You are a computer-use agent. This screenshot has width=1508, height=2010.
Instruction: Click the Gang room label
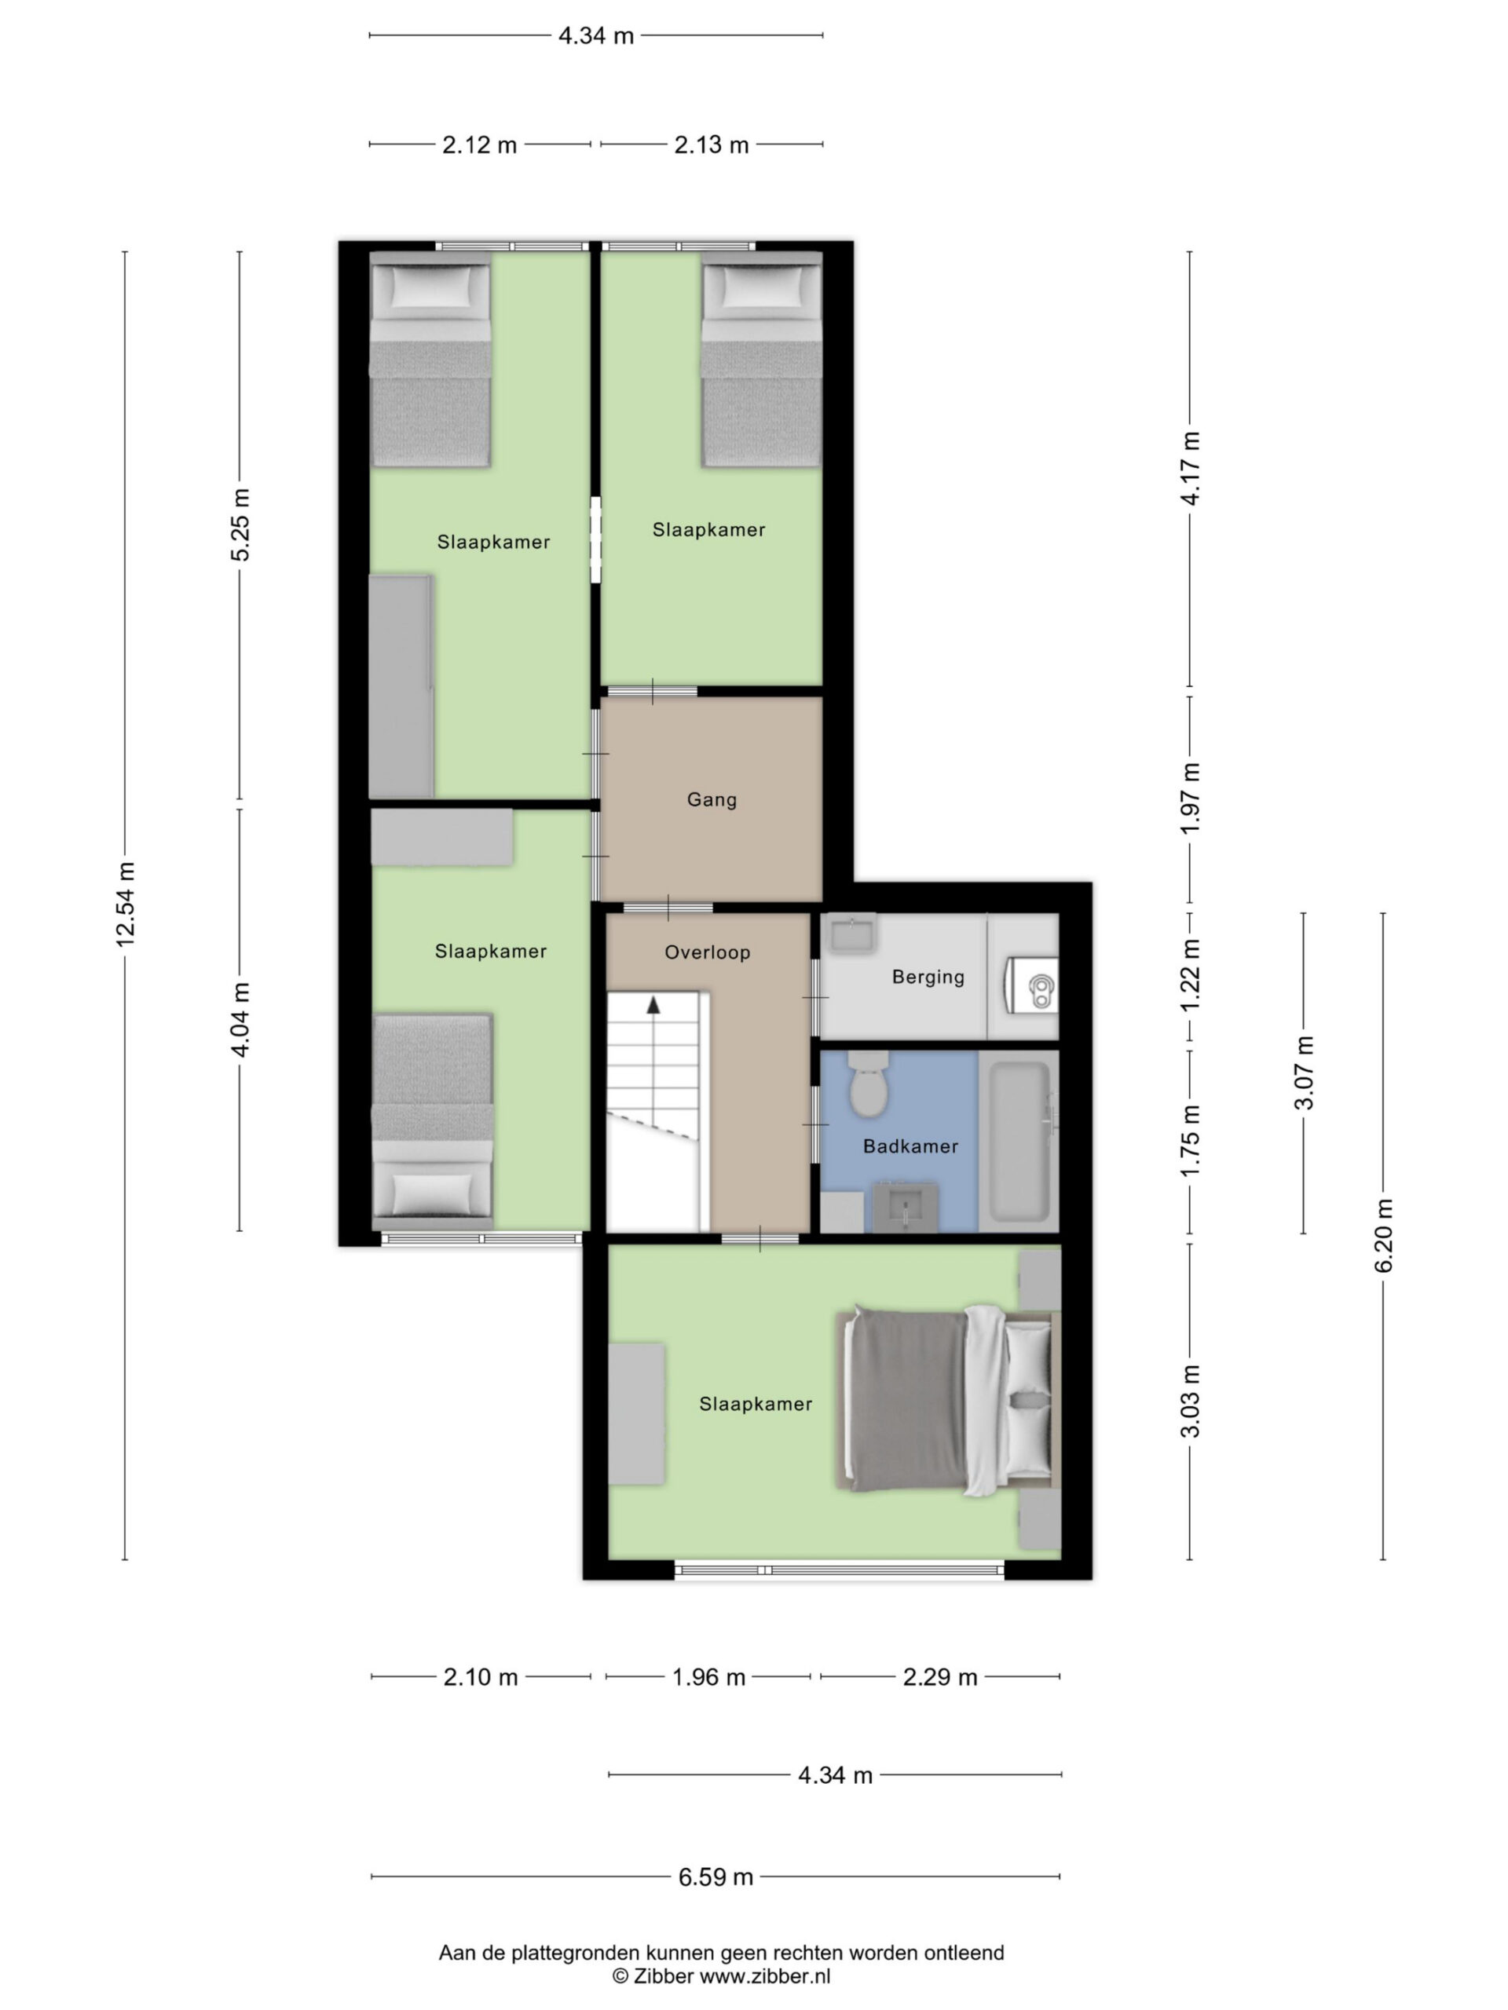[x=711, y=799]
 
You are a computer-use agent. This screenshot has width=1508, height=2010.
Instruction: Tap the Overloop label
[x=707, y=952]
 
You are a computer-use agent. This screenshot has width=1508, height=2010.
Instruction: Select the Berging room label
[x=928, y=977]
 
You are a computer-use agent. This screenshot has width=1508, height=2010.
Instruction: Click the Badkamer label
[x=911, y=1146]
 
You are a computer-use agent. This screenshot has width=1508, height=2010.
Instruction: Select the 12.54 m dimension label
[x=125, y=904]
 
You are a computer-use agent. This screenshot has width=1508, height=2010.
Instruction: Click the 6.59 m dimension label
[x=716, y=1877]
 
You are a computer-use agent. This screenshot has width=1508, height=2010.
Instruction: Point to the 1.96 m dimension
[x=708, y=1676]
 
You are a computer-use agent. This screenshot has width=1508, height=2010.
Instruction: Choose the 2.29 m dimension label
[x=940, y=1676]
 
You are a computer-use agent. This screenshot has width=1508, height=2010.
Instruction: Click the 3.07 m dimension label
[x=1305, y=1073]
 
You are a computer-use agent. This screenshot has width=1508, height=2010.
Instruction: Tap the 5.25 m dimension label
[x=240, y=524]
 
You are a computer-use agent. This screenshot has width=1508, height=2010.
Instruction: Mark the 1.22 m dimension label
[x=1191, y=975]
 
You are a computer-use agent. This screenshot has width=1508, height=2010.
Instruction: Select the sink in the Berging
[x=851, y=934]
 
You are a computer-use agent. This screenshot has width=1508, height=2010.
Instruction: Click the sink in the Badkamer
[x=905, y=1208]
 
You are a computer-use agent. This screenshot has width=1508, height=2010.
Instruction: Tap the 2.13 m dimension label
[x=712, y=144]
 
